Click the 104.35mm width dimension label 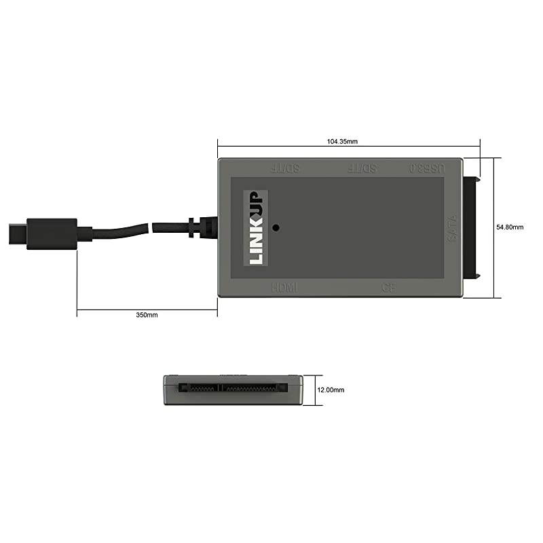[342, 141]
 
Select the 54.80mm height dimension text [510, 227]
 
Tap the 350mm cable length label [147, 315]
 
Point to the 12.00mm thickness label [331, 390]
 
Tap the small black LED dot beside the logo [276, 227]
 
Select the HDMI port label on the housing [284, 288]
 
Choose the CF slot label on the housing [388, 288]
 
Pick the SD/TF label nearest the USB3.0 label [362, 167]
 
